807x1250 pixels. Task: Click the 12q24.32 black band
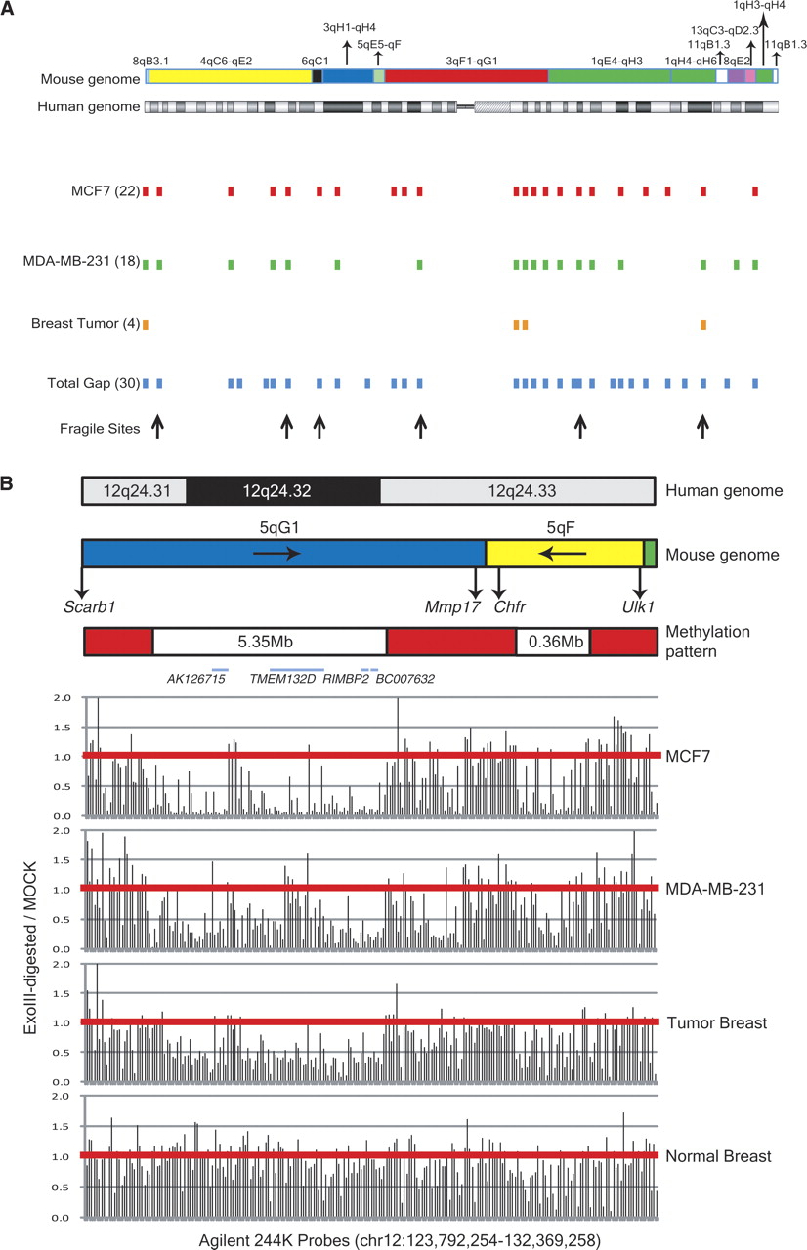[x=283, y=491]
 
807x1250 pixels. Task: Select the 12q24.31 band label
[x=137, y=491]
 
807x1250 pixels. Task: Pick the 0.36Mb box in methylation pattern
[x=553, y=642]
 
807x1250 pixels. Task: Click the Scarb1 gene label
[x=89, y=606]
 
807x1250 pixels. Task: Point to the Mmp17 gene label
[x=452, y=606]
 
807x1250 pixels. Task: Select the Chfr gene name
[x=510, y=606]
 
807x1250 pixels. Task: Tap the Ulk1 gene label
[x=638, y=606]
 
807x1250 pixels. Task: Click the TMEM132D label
[x=282, y=679]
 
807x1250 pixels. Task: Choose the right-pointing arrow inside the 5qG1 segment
[x=276, y=553]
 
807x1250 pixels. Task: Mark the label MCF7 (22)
[x=106, y=191]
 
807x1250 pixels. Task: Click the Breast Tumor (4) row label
[x=85, y=323]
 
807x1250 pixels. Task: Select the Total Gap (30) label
[x=93, y=383]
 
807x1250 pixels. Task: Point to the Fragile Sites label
[x=100, y=429]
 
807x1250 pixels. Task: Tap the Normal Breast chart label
[x=718, y=1156]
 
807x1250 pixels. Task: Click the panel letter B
[x=6, y=483]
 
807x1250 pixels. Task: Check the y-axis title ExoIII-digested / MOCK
[x=30, y=948]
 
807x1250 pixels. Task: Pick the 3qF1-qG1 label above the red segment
[x=472, y=61]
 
